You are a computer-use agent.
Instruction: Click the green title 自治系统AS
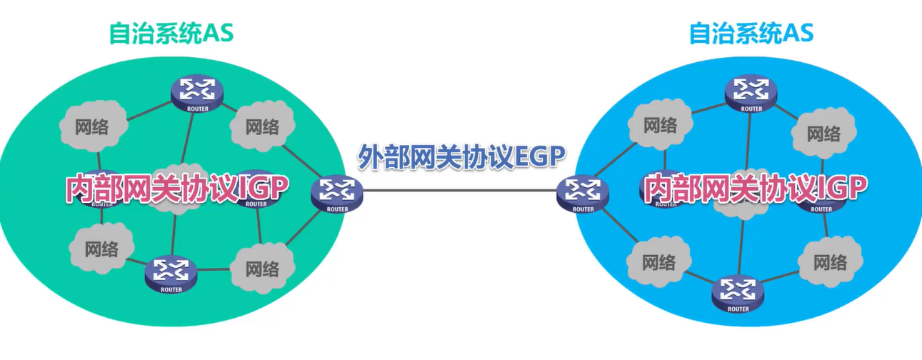click(x=171, y=33)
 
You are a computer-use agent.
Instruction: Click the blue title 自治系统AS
click(x=751, y=33)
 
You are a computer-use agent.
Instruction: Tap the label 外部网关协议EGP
click(x=461, y=156)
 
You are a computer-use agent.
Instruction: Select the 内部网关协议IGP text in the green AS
click(x=177, y=189)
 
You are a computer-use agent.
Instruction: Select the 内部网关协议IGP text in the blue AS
click(x=756, y=189)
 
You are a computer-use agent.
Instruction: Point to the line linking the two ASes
click(x=461, y=191)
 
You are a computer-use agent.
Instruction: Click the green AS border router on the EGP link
click(x=337, y=193)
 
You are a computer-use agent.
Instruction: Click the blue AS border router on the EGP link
click(x=583, y=193)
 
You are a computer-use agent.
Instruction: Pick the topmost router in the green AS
click(x=197, y=91)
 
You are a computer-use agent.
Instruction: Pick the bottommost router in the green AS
click(x=171, y=272)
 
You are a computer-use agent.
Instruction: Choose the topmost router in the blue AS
click(x=751, y=92)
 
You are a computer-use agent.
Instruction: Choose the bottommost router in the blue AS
click(x=735, y=292)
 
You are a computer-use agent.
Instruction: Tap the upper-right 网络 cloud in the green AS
click(x=262, y=126)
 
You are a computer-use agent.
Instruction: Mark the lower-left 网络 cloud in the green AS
click(x=101, y=249)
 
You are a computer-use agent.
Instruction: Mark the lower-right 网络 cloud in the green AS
click(x=262, y=269)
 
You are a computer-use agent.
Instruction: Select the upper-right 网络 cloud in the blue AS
click(x=823, y=133)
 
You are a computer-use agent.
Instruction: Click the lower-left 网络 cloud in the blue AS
click(x=658, y=262)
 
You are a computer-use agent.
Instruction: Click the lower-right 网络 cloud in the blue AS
click(x=831, y=262)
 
